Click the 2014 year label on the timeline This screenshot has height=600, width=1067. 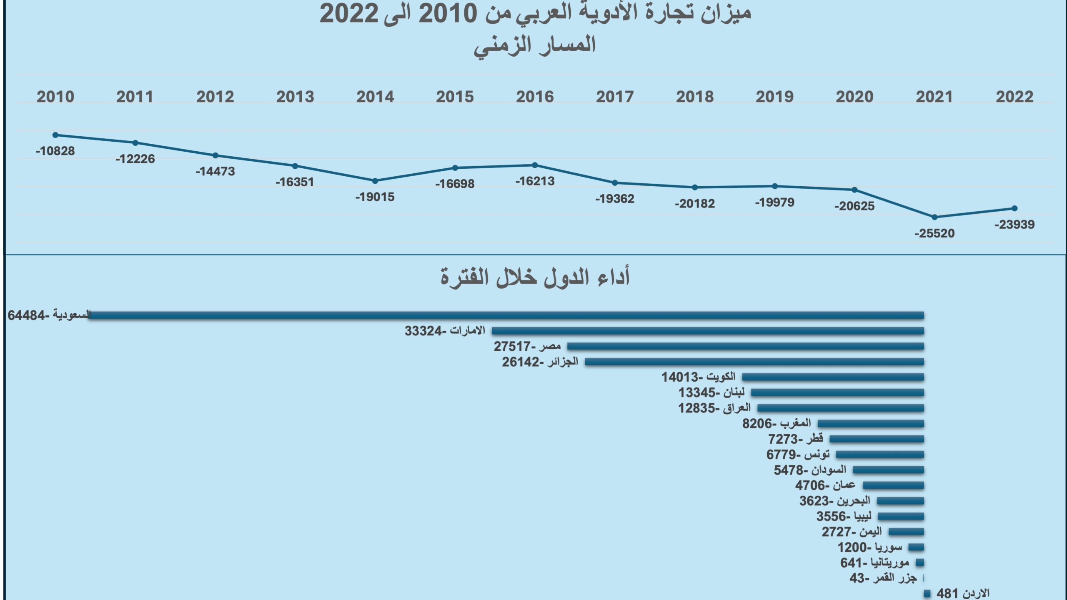click(375, 97)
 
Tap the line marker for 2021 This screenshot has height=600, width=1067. click(934, 217)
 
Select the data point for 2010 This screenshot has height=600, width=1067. click(55, 135)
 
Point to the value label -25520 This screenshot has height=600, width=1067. click(934, 233)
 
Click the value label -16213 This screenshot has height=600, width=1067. click(535, 181)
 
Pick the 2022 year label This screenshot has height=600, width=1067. click(1014, 97)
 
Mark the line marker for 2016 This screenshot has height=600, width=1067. click(535, 165)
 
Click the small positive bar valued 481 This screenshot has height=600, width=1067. click(927, 593)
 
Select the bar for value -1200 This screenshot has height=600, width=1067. click(916, 547)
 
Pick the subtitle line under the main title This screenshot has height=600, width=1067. click(535, 45)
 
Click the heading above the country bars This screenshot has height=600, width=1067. click(535, 277)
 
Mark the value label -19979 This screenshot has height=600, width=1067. click(774, 202)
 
